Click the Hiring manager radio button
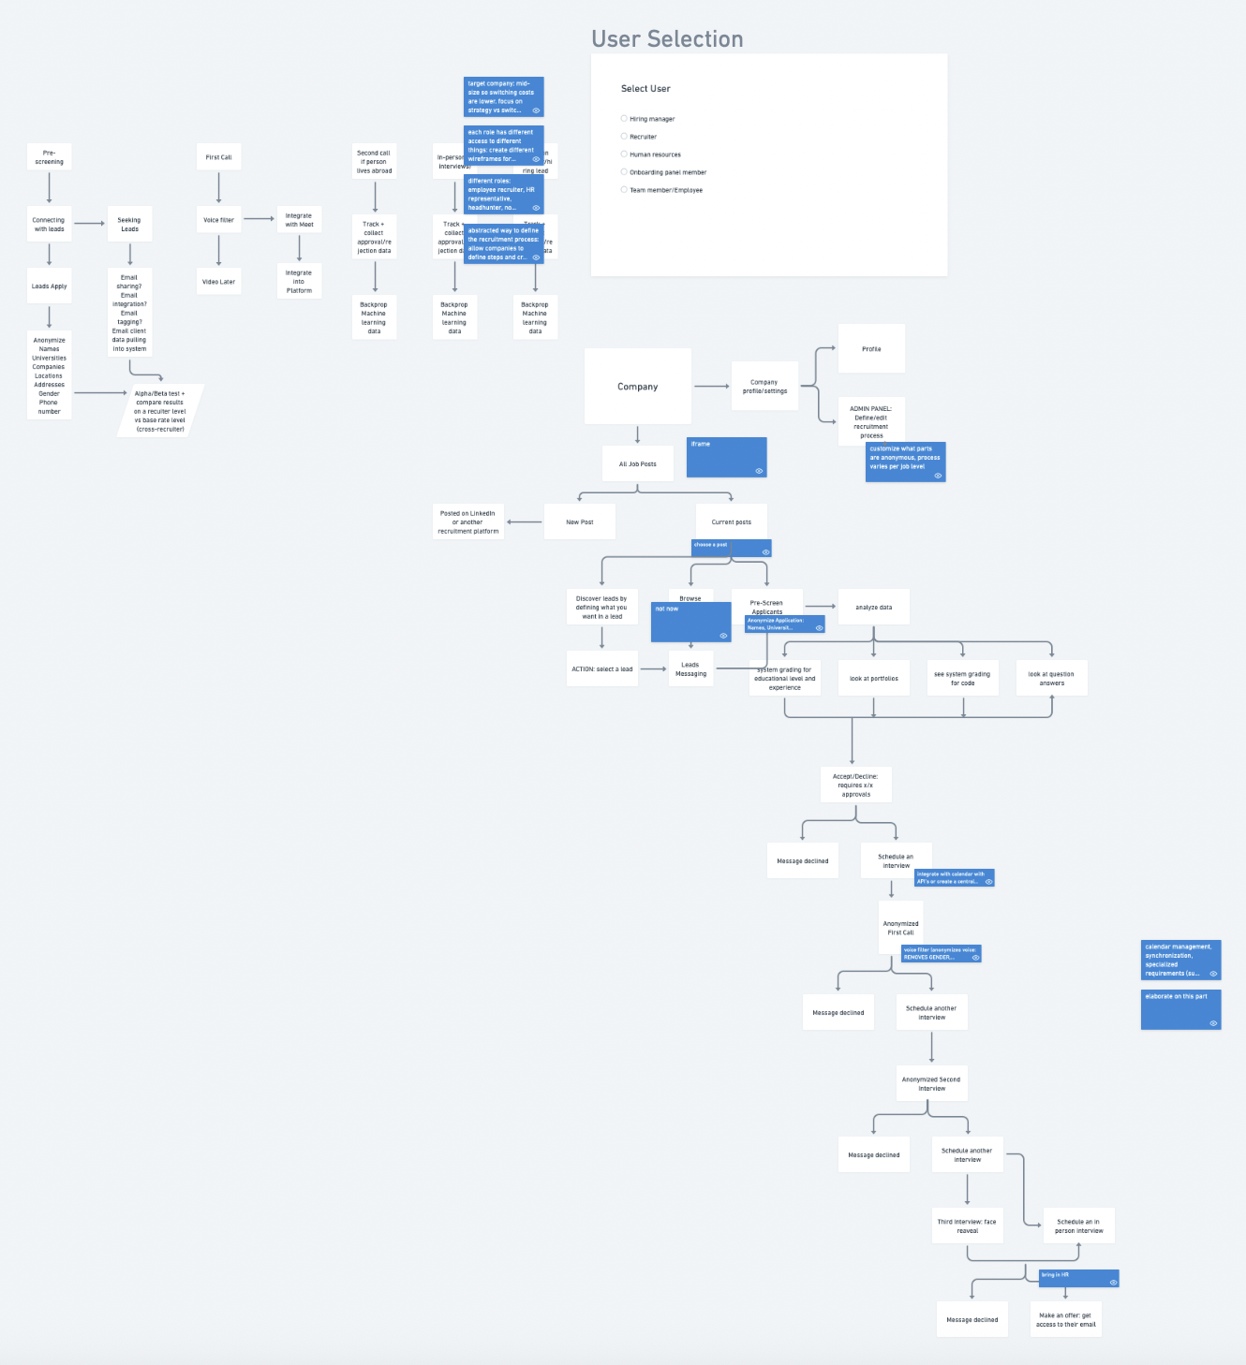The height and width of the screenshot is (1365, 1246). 624,119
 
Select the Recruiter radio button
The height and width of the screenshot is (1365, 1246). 624,137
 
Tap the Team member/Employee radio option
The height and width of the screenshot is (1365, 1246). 624,190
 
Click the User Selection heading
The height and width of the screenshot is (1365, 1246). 667,39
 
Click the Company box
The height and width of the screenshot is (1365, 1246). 637,387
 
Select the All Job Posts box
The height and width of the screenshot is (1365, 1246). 637,464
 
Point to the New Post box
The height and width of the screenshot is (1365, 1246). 579,522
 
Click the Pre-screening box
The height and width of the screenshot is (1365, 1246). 49,157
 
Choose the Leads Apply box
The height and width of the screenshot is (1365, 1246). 49,286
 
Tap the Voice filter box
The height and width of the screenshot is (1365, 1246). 218,220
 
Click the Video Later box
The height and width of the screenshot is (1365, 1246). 218,282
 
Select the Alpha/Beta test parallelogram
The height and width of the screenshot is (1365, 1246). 160,411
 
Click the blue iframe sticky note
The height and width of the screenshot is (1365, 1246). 726,457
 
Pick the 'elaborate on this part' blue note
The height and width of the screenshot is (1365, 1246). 1180,1010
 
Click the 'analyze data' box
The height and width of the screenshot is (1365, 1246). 873,608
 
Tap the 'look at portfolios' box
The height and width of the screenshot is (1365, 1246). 873,679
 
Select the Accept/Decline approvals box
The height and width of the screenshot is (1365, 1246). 855,785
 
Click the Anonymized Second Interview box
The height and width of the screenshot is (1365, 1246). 930,1084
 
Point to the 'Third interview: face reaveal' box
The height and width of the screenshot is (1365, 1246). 967,1226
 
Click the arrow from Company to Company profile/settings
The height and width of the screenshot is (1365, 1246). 712,387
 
